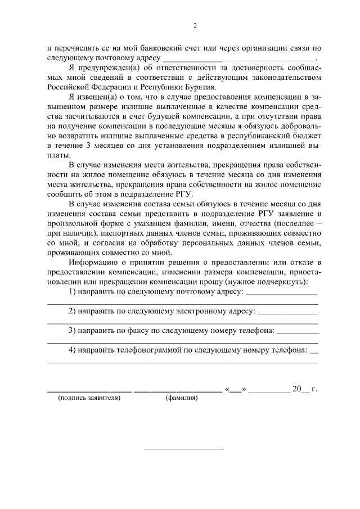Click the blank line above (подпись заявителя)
coord(89,389)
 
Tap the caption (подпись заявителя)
coord(89,398)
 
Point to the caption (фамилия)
coord(181,398)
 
